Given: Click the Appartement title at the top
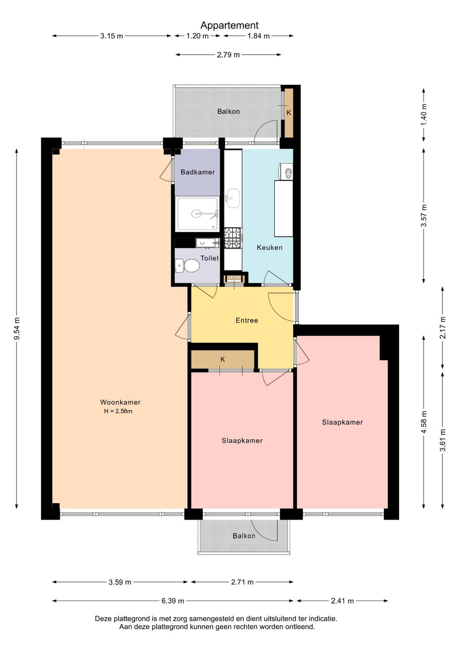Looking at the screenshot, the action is [x=229, y=26].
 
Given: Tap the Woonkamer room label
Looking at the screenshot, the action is [x=120, y=402].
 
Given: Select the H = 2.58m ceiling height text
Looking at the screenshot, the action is [x=118, y=411].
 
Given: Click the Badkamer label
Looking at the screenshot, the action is [x=197, y=172].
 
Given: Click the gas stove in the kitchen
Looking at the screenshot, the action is [x=233, y=238].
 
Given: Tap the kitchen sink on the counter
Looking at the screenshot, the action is [x=233, y=198].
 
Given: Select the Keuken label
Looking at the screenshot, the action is [x=269, y=247].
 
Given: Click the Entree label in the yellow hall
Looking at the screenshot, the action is [x=247, y=320].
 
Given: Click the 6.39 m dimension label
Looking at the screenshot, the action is [x=173, y=601].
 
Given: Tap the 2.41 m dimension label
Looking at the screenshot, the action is [x=342, y=601].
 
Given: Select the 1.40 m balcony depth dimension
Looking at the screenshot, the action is [x=424, y=114].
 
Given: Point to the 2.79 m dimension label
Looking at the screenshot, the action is [x=228, y=55].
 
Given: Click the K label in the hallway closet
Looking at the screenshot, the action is [x=223, y=359].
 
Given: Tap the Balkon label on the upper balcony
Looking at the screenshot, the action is [x=229, y=112].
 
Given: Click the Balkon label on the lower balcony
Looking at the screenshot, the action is [x=244, y=536].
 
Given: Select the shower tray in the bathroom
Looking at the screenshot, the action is [x=197, y=214].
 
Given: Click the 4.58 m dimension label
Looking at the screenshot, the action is [x=424, y=422].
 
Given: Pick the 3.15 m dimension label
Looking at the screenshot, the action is [x=112, y=36].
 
